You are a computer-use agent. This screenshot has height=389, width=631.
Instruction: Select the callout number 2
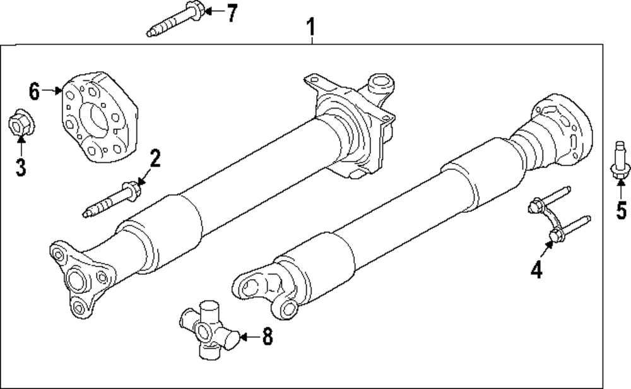tap(153, 158)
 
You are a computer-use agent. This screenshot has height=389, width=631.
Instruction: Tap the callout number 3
tap(21, 167)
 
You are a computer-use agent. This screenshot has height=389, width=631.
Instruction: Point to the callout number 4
tap(536, 270)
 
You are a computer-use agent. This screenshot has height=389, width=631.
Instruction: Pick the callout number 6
tap(35, 91)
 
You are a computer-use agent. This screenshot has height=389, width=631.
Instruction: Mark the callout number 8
tap(267, 337)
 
